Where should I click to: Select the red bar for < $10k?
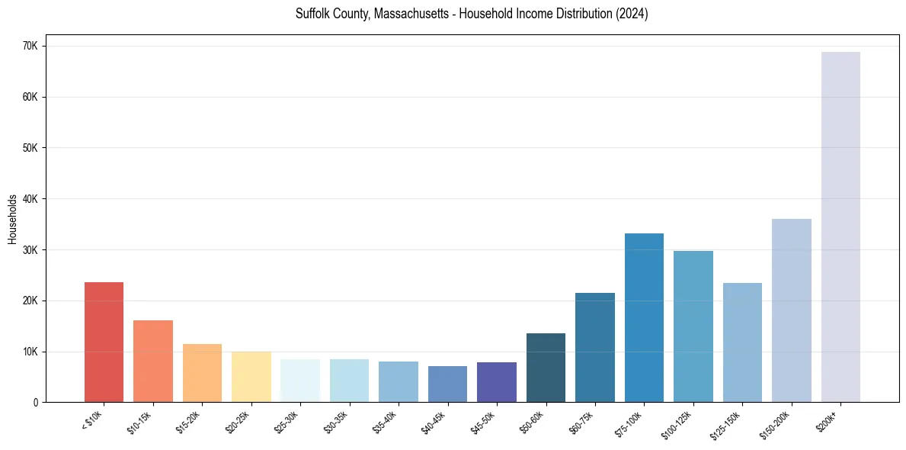(x=104, y=342)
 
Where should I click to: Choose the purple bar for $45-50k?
(x=497, y=382)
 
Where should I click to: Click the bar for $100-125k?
(x=693, y=326)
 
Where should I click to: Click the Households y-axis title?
(x=13, y=219)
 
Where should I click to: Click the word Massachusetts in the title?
(x=410, y=14)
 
